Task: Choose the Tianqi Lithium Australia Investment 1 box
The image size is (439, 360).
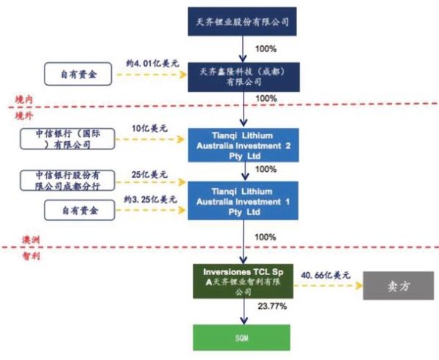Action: (x=241, y=201)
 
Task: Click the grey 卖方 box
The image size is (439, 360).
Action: (x=396, y=285)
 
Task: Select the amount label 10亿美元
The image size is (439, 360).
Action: (x=150, y=130)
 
